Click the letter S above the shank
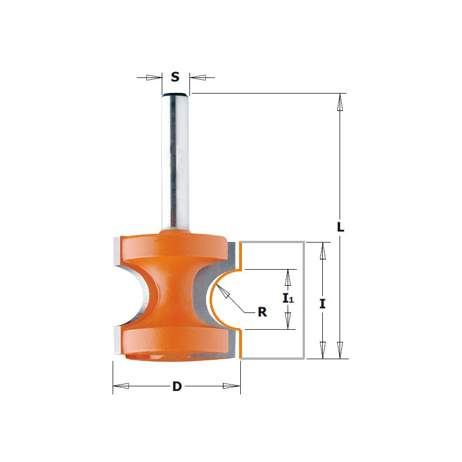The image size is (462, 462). pos(175,77)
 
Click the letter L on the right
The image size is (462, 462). pos(340,227)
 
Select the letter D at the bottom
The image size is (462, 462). pos(177,386)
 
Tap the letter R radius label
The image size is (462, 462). pos(262,312)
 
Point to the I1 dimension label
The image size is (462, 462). pos(288,299)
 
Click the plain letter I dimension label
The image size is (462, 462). pos(323,304)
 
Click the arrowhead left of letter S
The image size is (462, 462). pos(154,77)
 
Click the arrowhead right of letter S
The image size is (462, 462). pos(198,77)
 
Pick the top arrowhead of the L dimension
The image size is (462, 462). pos(340,102)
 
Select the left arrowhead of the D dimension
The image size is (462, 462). pos(121,386)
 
